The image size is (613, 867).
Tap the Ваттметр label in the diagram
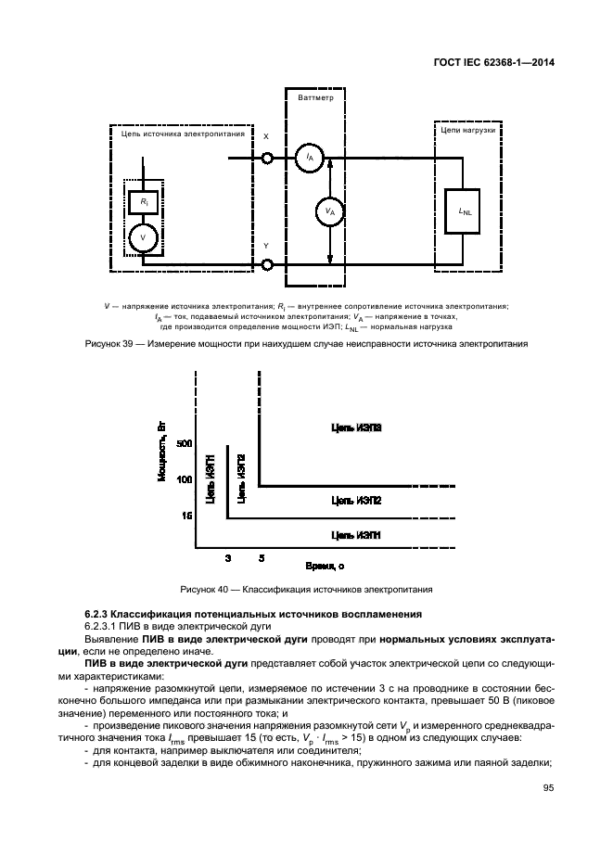(315, 96)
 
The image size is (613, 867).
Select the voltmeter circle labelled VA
(329, 211)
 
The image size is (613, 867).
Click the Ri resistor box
(143, 201)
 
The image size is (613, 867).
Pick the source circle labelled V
(143, 237)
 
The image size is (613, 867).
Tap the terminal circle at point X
(267, 159)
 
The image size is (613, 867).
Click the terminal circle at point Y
(267, 265)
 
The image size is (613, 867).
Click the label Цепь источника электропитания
(183, 134)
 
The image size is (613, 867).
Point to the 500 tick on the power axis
(184, 444)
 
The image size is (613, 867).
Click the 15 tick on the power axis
(186, 515)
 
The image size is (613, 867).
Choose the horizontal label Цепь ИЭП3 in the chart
(356, 427)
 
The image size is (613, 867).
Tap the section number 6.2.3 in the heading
(96, 614)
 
